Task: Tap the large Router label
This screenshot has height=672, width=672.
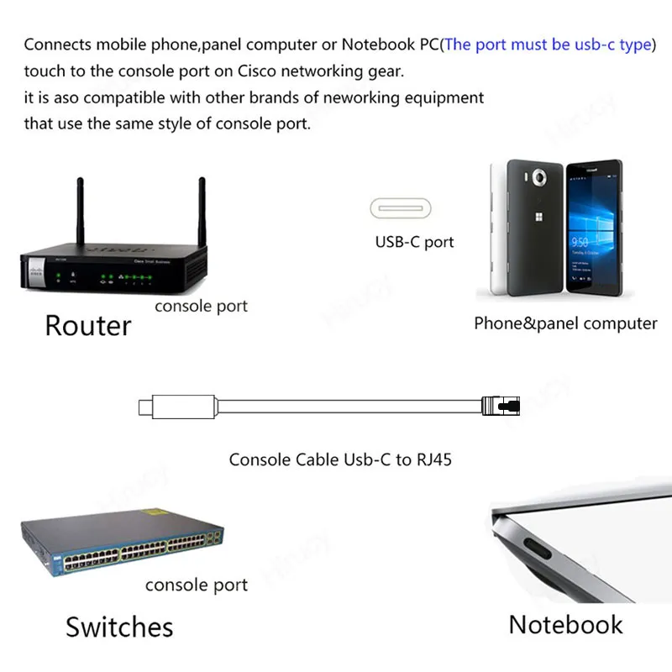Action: [88, 326]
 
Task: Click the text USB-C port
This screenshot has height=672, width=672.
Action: [414, 242]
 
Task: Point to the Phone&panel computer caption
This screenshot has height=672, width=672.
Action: [565, 323]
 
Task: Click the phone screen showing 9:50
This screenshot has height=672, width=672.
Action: [593, 227]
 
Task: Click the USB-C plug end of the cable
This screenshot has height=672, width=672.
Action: [144, 407]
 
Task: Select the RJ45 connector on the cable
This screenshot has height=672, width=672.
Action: [501, 407]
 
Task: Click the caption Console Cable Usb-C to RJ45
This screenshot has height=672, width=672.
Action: [340, 459]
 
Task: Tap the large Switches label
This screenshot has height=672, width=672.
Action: [119, 627]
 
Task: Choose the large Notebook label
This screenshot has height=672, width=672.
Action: [565, 624]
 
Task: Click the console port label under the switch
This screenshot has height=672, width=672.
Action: [197, 585]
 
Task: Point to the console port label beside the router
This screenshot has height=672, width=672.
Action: [202, 306]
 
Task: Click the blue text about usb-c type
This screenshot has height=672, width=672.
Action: [549, 45]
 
